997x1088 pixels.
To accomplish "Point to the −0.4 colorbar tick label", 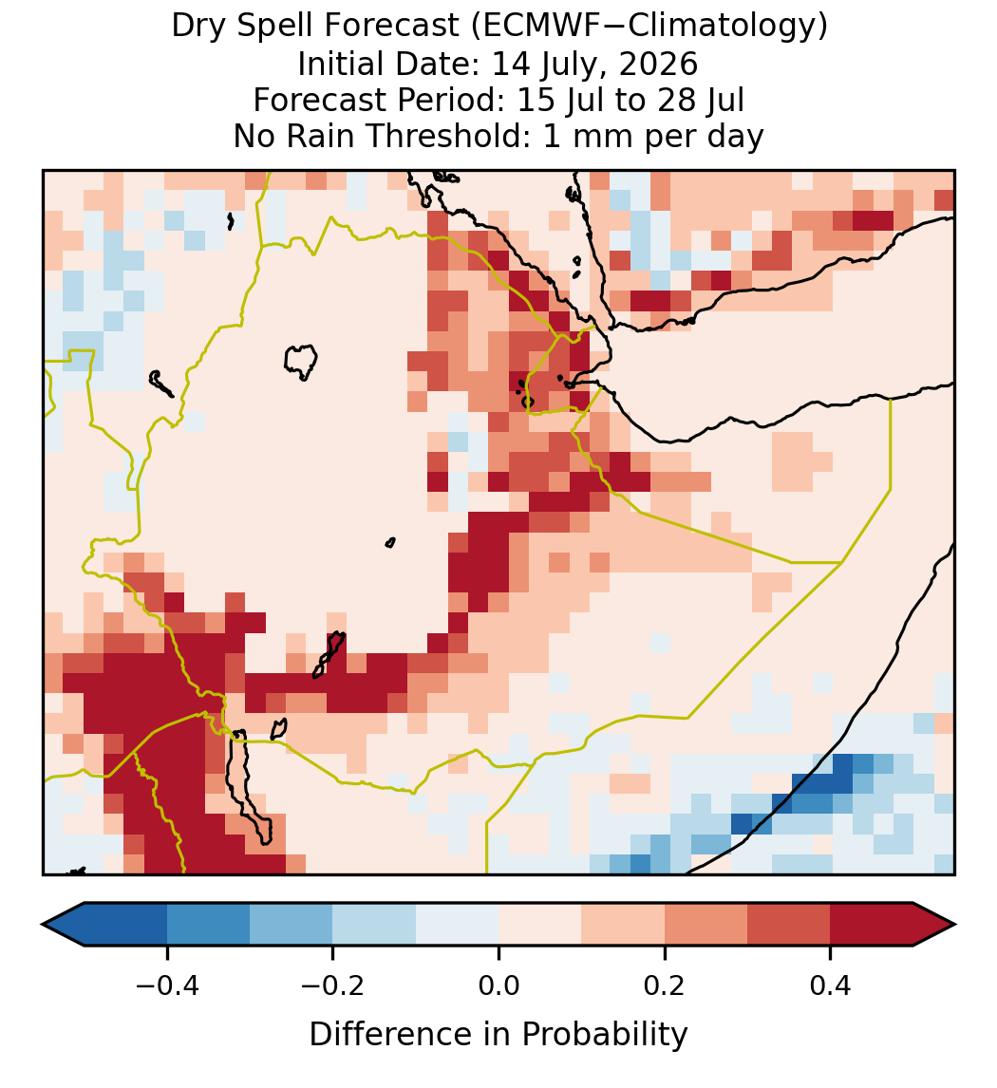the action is (x=167, y=985).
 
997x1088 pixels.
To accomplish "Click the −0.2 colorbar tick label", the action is (x=333, y=985).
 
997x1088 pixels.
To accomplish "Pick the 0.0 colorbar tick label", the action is (x=498, y=985).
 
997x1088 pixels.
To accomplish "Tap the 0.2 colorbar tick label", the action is (x=665, y=985).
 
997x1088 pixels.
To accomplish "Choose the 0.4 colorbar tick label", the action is (x=831, y=985).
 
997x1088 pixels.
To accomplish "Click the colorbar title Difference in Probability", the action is (x=498, y=1035).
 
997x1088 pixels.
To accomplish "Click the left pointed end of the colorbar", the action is (x=43, y=925).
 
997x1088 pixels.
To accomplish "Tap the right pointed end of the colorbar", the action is (x=954, y=925).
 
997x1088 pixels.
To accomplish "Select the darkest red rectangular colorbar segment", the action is (x=872, y=925).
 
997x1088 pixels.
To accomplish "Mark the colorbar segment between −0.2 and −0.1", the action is (x=375, y=925).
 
